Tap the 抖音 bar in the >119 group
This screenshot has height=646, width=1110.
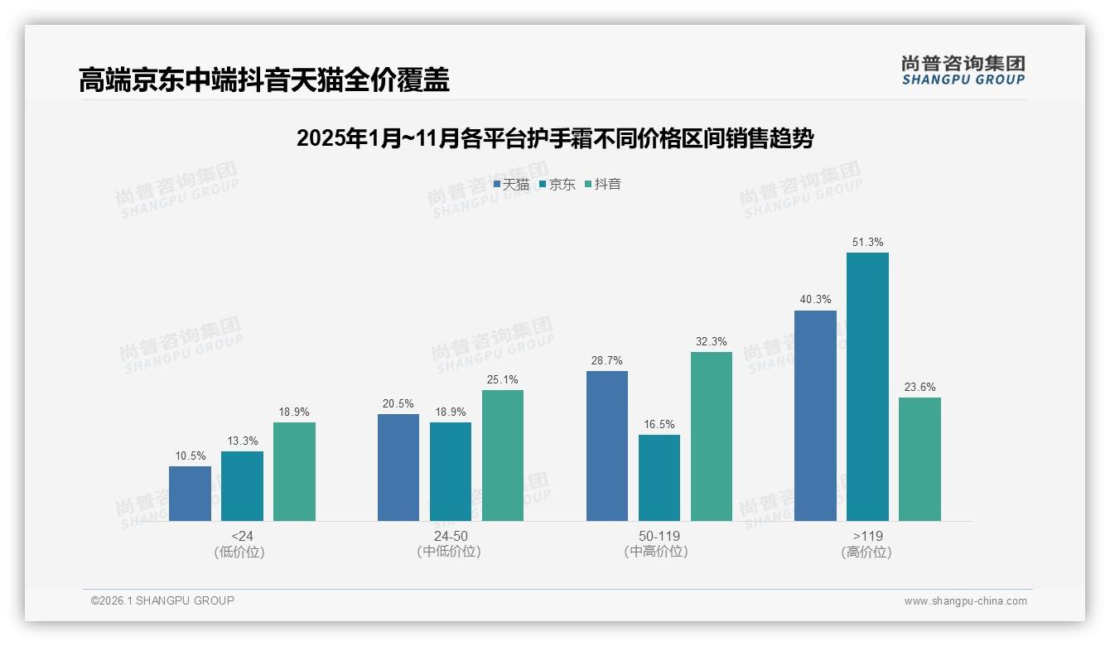click(x=919, y=459)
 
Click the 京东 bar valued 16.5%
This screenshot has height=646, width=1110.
click(x=659, y=478)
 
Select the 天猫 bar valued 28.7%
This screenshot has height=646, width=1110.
click(x=607, y=446)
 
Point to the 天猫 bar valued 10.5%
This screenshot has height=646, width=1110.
click(x=190, y=494)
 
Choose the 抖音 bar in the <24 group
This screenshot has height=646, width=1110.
click(x=294, y=471)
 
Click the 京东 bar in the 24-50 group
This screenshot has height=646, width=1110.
click(x=451, y=471)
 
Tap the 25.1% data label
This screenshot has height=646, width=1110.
click(x=503, y=380)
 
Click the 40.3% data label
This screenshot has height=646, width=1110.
click(x=815, y=300)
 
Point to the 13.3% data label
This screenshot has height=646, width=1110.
click(x=242, y=441)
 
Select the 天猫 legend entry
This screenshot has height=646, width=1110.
click(x=512, y=185)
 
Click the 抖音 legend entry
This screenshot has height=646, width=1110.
click(x=604, y=185)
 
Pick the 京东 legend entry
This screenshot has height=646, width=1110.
click(x=557, y=185)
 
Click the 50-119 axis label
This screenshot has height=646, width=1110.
click(x=659, y=536)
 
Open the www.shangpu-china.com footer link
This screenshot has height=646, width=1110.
click(x=965, y=601)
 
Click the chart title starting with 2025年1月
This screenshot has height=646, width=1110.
click(x=555, y=138)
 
